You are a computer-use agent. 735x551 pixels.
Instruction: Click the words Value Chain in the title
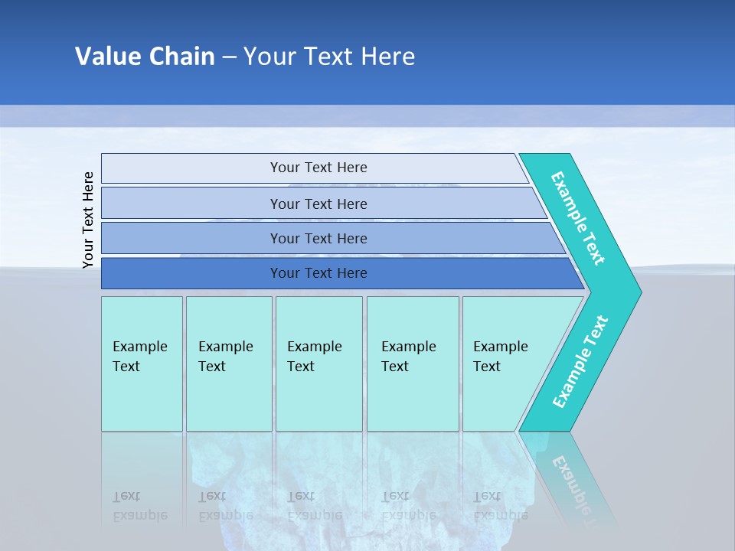coord(145,57)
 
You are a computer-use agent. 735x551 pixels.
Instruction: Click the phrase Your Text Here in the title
coord(329,57)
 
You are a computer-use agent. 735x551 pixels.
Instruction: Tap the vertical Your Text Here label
coord(88,220)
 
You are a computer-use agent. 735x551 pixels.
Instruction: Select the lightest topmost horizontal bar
coord(191,168)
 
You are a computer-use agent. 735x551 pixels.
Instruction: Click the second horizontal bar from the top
coord(191,204)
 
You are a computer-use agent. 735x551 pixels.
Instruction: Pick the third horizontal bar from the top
coord(191,238)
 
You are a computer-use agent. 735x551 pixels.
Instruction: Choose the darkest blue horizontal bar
coord(191,273)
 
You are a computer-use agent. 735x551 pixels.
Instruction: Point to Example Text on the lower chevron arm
coord(580,362)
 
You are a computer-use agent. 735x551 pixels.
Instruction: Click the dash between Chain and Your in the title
coord(228,57)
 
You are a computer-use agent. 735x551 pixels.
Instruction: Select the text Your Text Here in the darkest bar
coord(318,273)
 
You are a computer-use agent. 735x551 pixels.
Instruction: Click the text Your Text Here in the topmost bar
coord(318,168)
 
